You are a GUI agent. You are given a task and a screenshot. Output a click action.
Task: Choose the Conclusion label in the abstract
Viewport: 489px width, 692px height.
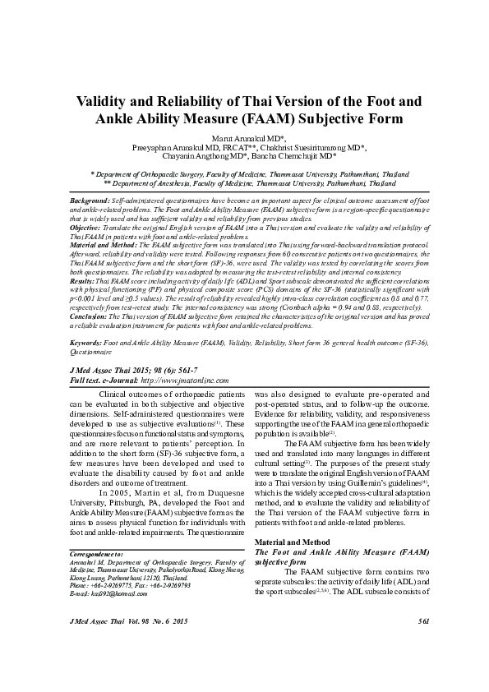[x=90, y=316]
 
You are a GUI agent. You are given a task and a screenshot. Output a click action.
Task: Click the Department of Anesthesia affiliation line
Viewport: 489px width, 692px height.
[x=243, y=184]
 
